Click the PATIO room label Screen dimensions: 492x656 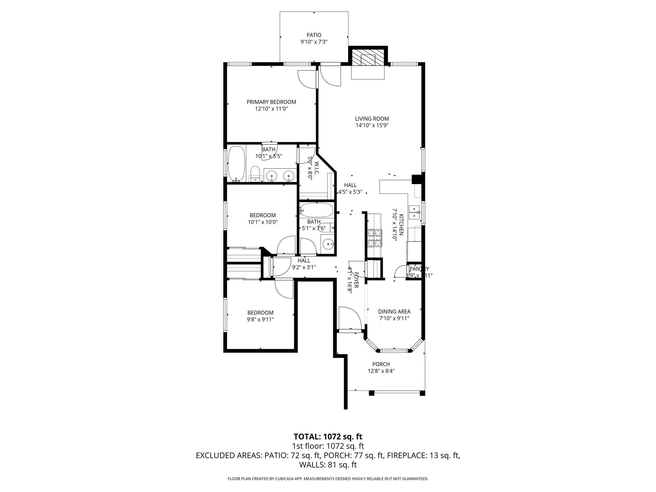(314, 35)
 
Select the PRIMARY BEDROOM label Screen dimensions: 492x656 (271, 102)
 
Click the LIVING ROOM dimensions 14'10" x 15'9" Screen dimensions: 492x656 (372, 126)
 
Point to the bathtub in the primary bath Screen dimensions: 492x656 (236, 164)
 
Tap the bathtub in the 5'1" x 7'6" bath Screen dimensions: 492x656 (316, 210)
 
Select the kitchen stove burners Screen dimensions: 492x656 (374, 238)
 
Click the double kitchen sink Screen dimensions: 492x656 (415, 212)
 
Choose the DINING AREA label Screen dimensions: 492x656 (394, 311)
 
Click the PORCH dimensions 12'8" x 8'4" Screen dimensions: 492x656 (381, 371)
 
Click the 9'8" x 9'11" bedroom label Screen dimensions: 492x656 (260, 313)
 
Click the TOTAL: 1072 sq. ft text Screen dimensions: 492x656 (328, 437)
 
